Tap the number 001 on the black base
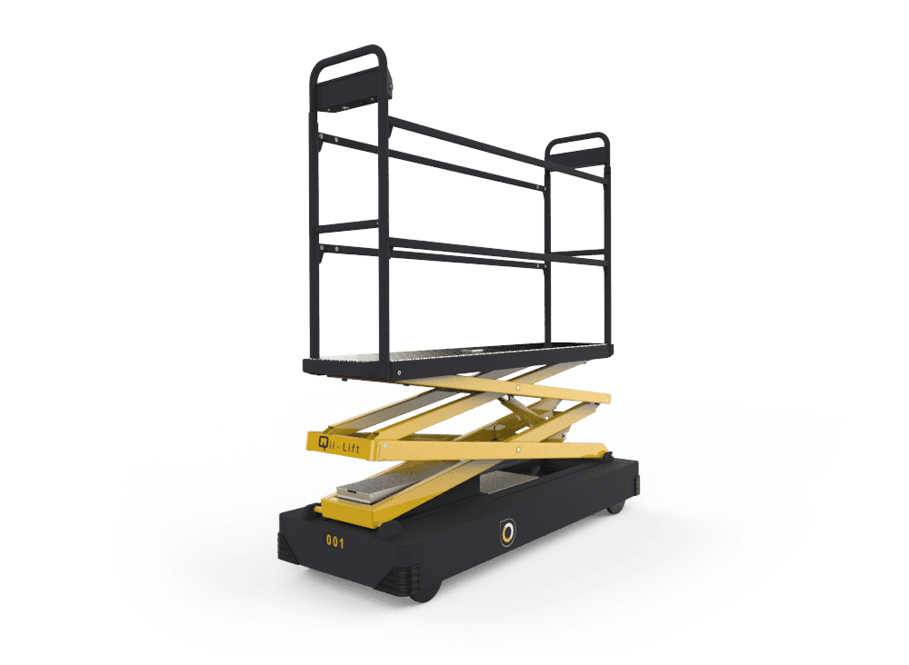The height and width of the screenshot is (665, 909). pos(335,541)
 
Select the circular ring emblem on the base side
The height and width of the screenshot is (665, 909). pos(508,531)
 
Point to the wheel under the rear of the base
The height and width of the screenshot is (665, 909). pos(615,508)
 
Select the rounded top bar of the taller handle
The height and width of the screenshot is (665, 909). pos(348,55)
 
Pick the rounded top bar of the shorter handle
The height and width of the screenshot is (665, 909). pos(577,138)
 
